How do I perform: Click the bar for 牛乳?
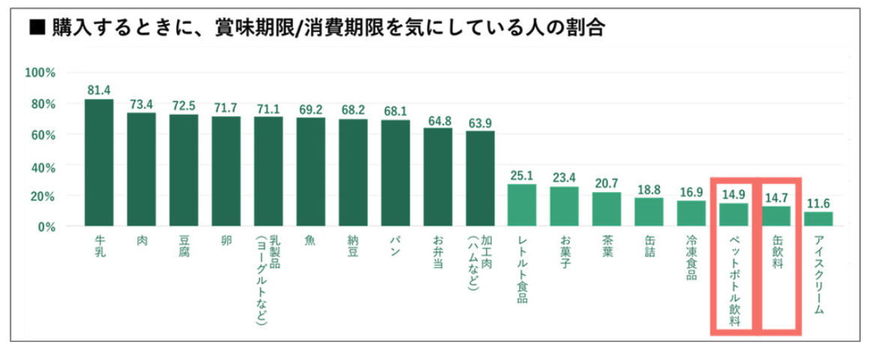(98, 162)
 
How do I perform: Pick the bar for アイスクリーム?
(818, 218)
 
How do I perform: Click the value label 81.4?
(98, 91)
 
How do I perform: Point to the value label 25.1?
(522, 176)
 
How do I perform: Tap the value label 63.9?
(480, 123)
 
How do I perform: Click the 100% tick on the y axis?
(40, 73)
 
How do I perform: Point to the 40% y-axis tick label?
(43, 165)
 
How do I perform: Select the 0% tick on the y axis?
(46, 226)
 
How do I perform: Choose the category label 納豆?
(352, 248)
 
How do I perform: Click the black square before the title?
(34, 28)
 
